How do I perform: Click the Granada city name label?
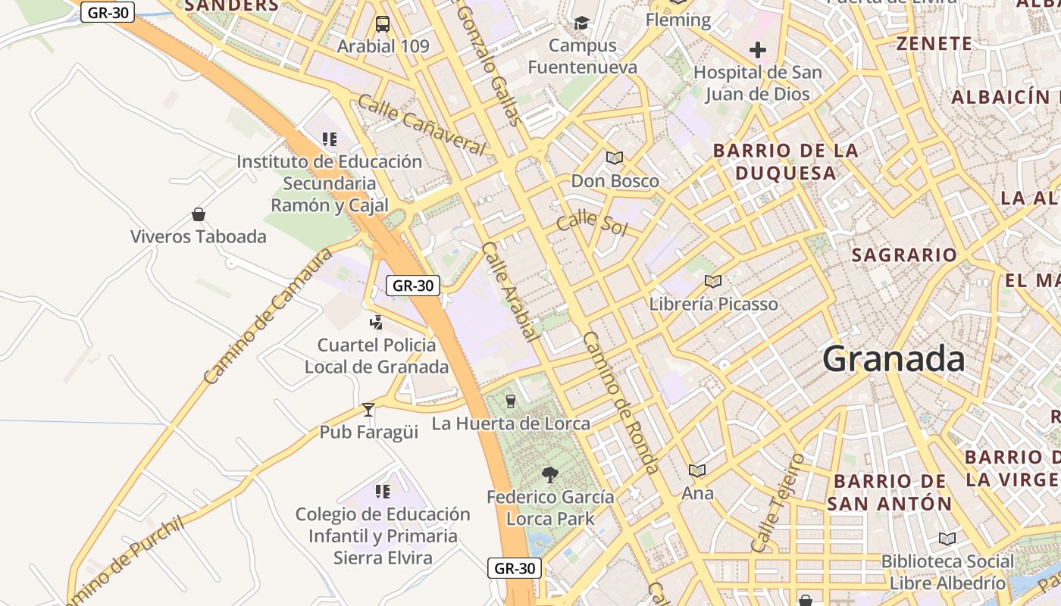(x=894, y=358)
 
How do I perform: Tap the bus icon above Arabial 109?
(x=383, y=24)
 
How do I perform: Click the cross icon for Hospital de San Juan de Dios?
(x=757, y=51)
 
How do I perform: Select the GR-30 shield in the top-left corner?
(x=108, y=12)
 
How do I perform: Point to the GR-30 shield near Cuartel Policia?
(x=413, y=286)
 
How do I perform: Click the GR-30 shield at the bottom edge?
(x=515, y=568)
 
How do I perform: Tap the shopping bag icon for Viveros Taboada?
(x=199, y=214)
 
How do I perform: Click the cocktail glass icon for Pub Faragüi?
(x=368, y=410)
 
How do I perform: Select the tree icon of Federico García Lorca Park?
(x=550, y=475)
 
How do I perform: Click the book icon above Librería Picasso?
(x=712, y=282)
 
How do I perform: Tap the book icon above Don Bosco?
(x=614, y=158)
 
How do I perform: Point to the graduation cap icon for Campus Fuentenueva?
(x=581, y=23)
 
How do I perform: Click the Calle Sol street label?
(x=591, y=224)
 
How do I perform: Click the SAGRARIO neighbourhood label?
(x=904, y=255)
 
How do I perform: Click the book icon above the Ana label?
(x=697, y=470)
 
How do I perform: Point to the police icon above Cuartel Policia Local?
(x=376, y=323)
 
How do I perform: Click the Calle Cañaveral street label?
(x=421, y=125)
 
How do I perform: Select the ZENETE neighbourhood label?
(x=934, y=44)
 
